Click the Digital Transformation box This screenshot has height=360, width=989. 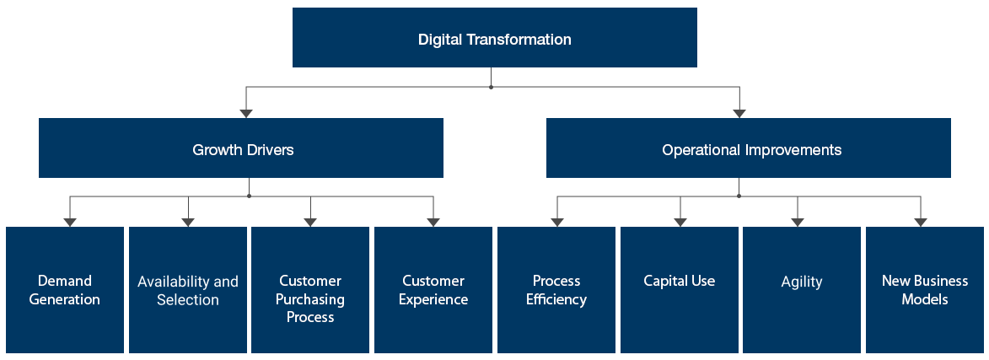494,39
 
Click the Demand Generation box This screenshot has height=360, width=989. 65,289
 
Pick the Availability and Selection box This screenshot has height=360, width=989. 187,289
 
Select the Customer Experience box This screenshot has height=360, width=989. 433,289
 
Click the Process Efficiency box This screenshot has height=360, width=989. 556,289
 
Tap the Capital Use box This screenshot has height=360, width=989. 679,289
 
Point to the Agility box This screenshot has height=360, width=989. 801,289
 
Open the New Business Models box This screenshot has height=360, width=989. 924,289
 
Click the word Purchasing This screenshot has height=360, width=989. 309,299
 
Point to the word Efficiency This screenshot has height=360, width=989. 556,299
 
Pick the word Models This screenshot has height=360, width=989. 925,299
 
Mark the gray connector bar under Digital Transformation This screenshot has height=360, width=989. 492,100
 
